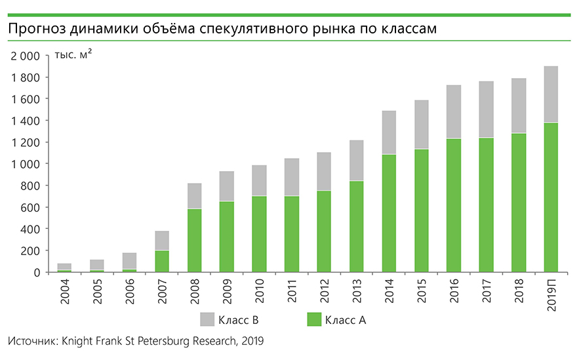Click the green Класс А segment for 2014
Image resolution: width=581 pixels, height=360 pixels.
(x=389, y=213)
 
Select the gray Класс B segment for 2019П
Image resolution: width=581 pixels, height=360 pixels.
(x=551, y=94)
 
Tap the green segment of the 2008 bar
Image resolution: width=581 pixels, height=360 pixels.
(x=194, y=240)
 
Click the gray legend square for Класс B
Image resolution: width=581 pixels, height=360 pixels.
(x=207, y=319)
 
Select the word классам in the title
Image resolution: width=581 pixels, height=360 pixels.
(x=408, y=30)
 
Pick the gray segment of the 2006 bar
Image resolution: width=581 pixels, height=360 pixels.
(x=129, y=261)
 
